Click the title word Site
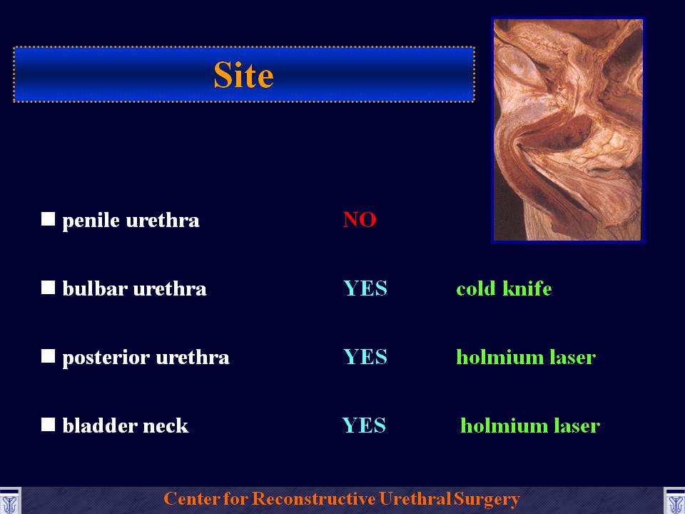tap(243, 75)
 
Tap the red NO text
tap(360, 219)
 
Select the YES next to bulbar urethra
tap(365, 288)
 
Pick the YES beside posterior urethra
tap(365, 357)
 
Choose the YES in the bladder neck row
tap(364, 425)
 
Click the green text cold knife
tap(504, 288)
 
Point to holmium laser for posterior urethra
tap(526, 357)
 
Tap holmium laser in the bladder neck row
tap(530, 425)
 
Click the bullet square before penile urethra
tap(48, 219)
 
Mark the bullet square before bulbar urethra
tap(48, 288)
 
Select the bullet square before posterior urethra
tap(48, 356)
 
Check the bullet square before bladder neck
tap(48, 424)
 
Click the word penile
tap(91, 221)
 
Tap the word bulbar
tap(95, 288)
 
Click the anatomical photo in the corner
tap(568, 130)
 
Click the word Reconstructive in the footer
tap(313, 499)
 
